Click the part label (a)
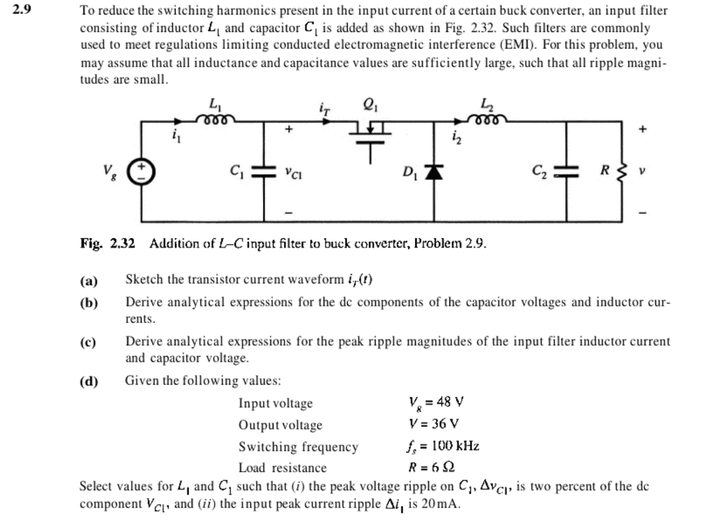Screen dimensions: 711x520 (x=89, y=280)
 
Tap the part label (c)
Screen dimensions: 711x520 (x=89, y=342)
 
